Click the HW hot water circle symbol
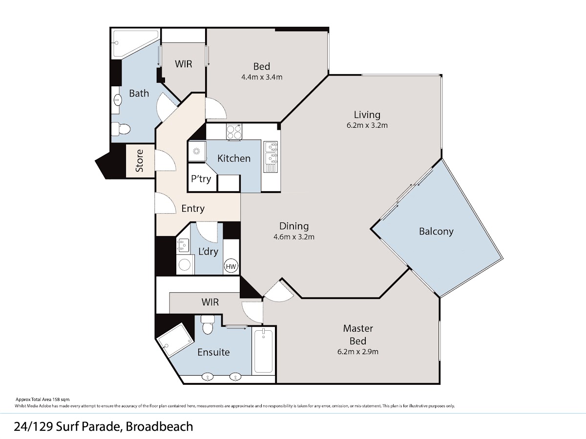tap(231, 266)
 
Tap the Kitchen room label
tap(234, 159)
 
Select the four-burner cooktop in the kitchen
tap(234, 131)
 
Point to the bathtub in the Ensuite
tap(264, 351)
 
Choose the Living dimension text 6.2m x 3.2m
tap(367, 125)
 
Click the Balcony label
tap(436, 231)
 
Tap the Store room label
tap(139, 161)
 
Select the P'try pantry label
tap(201, 179)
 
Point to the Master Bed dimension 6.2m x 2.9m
tap(358, 352)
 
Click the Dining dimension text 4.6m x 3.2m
tap(294, 237)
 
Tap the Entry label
tap(193, 208)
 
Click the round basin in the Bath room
tap(117, 100)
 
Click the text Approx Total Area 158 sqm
tap(42, 399)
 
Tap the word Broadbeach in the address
tap(159, 426)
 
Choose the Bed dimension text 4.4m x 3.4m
tap(262, 77)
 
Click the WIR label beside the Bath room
tap(184, 64)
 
